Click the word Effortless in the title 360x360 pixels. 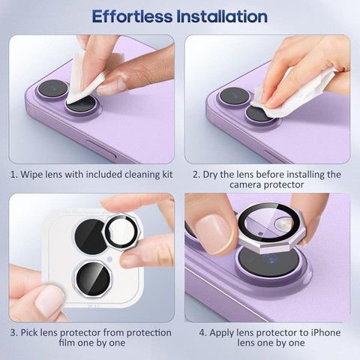[x=132, y=16]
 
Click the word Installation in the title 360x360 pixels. [x=222, y=16]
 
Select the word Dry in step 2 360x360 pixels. [x=211, y=175]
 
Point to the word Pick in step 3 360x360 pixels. [x=29, y=333]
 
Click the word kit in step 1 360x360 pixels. [x=167, y=174]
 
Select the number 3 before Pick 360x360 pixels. [x=13, y=333]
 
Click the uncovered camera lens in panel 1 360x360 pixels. [x=52, y=88]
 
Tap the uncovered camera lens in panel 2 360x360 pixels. [x=234, y=96]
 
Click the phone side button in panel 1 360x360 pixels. [x=101, y=149]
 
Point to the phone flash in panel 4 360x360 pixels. [x=283, y=223]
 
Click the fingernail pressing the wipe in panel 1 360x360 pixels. [x=112, y=87]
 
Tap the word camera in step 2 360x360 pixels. [x=245, y=185]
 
